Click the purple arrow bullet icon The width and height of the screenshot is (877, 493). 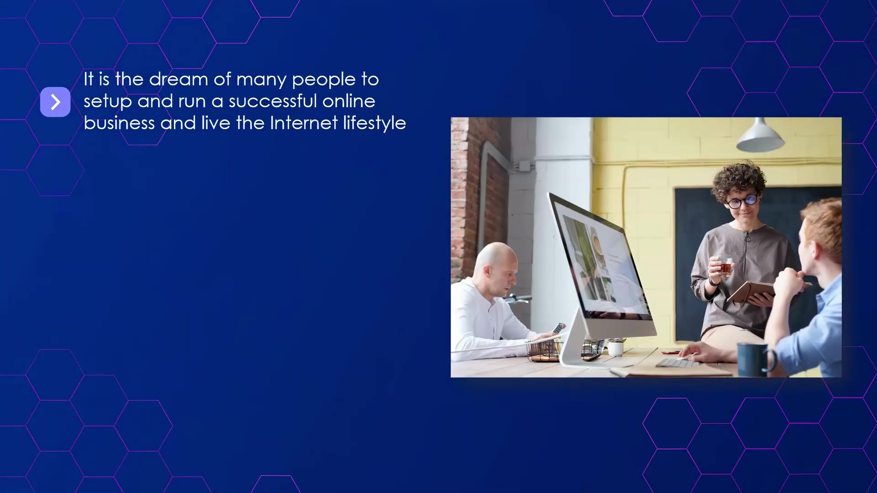pyautogui.click(x=55, y=102)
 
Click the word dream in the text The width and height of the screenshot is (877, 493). pyautogui.click(x=179, y=79)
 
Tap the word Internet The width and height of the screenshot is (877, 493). pyautogui.click(x=304, y=123)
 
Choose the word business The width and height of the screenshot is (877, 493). pyautogui.click(x=120, y=123)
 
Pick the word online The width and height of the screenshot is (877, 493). pyautogui.click(x=349, y=101)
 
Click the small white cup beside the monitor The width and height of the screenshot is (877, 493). pyautogui.click(x=616, y=348)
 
